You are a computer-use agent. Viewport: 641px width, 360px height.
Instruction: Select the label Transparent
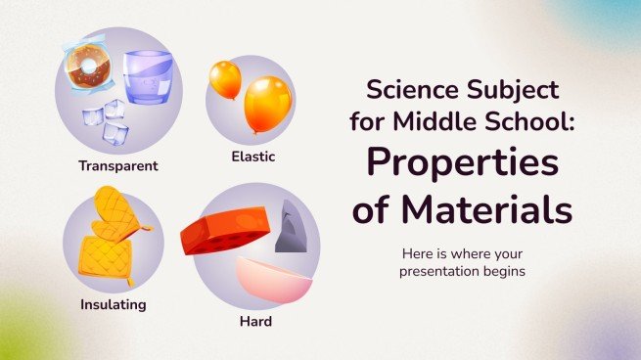pyautogui.click(x=118, y=165)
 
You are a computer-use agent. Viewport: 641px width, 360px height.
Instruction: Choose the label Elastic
pyautogui.click(x=252, y=155)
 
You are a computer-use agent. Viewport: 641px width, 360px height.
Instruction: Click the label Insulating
pyautogui.click(x=113, y=304)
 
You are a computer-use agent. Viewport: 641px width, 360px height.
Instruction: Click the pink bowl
pyautogui.click(x=274, y=278)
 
